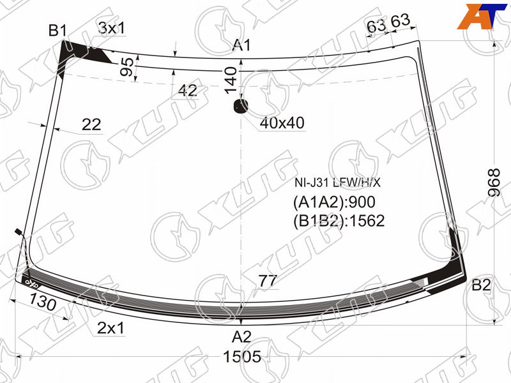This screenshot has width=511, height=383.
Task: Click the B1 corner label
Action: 57,31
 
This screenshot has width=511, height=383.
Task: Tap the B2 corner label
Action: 481,285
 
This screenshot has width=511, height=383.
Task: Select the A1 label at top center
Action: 241,45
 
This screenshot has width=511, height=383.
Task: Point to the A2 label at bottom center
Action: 241,337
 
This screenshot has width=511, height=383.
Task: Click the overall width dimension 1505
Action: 242,357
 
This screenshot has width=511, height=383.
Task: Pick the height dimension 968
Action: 494,183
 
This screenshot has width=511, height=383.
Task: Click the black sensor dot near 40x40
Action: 241,106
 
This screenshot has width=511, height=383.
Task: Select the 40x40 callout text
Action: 282,123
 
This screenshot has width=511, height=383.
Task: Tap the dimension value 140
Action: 231,80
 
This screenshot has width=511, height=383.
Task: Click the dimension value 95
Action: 126,67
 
